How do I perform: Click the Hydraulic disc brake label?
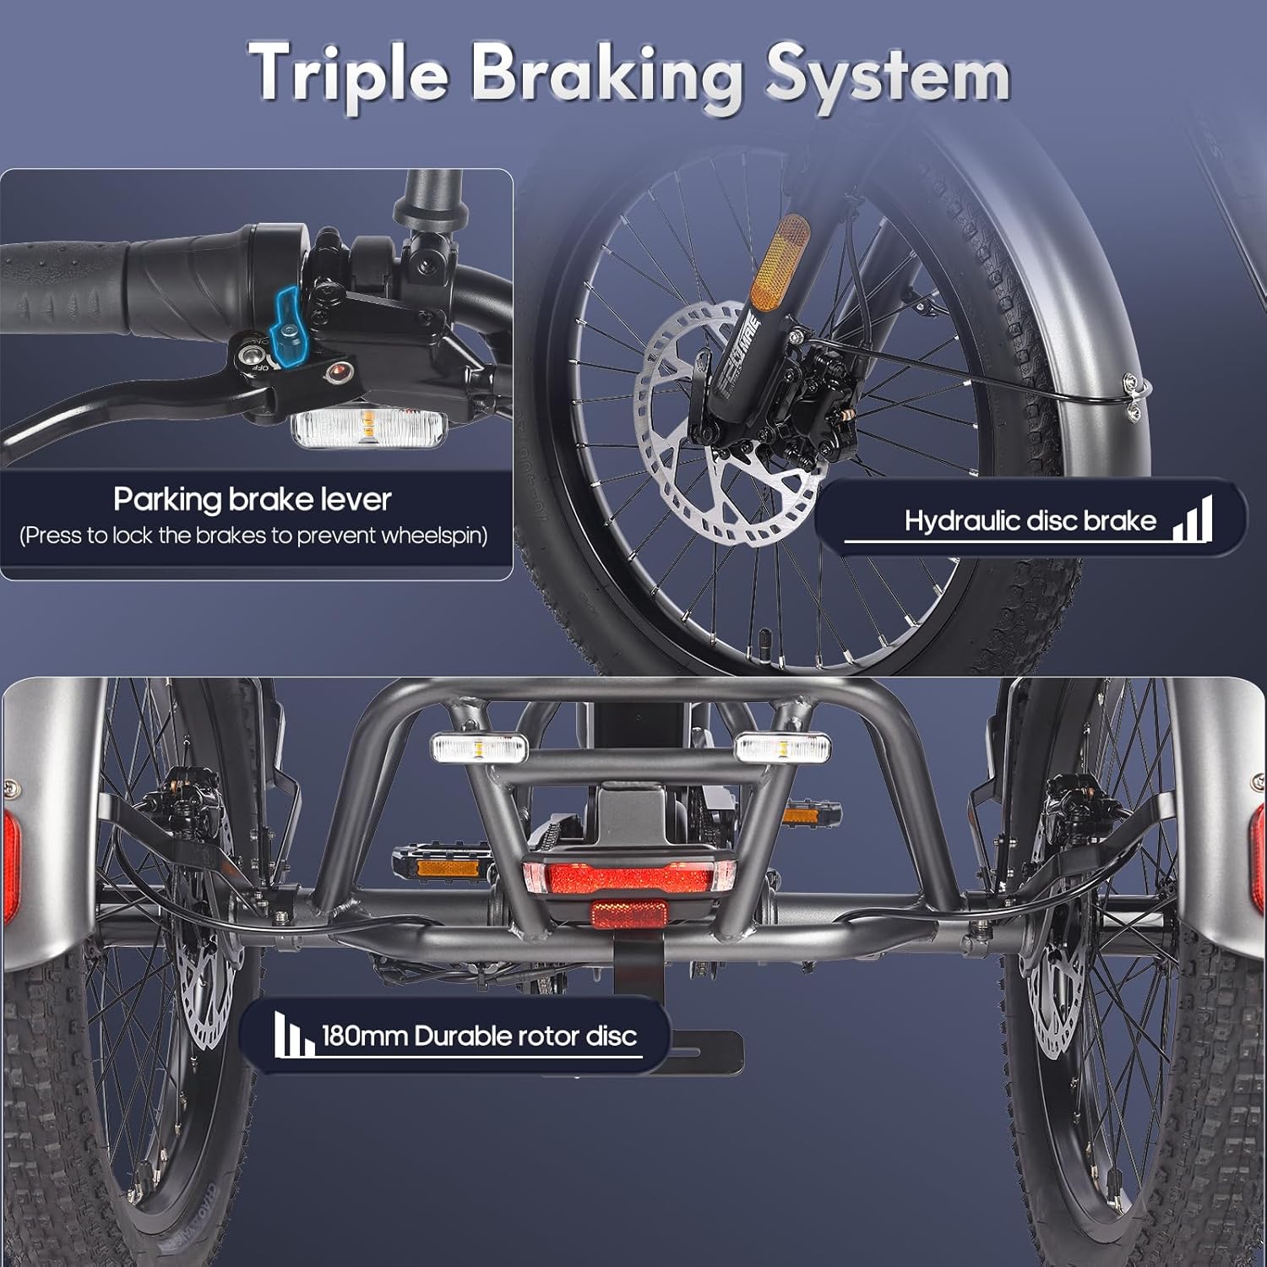pyautogui.click(x=1030, y=520)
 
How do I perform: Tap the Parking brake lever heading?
pyautogui.click(x=253, y=499)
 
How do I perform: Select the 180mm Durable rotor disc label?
pyautogui.click(x=479, y=1036)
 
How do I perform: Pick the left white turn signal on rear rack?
pyautogui.click(x=479, y=748)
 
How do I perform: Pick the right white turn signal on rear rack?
pyautogui.click(x=782, y=748)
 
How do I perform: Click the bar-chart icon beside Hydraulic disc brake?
pyautogui.click(x=1192, y=518)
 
